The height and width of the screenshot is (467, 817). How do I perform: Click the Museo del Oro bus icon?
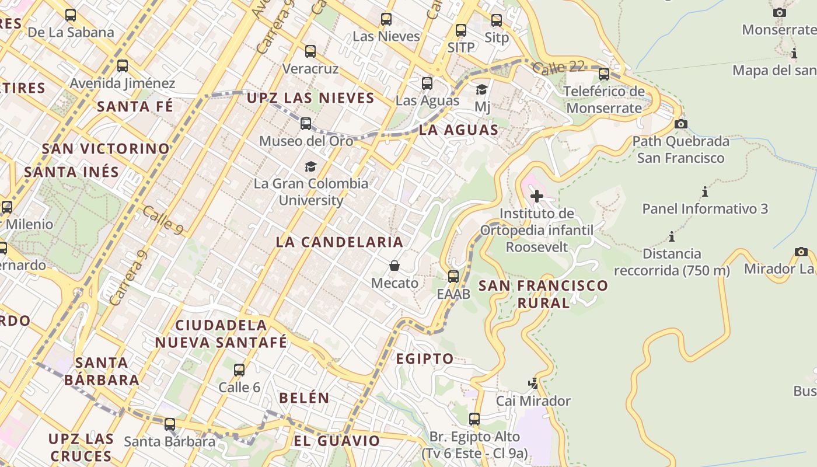pyautogui.click(x=306, y=124)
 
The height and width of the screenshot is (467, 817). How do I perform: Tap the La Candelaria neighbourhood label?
pyautogui.click(x=339, y=242)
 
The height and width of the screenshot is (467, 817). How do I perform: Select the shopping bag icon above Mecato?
pyautogui.click(x=394, y=266)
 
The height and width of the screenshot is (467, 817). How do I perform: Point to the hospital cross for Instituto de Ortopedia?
pyautogui.click(x=536, y=196)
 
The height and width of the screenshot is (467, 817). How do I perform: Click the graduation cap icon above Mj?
pyautogui.click(x=481, y=89)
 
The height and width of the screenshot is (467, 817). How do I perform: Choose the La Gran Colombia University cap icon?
pyautogui.click(x=310, y=167)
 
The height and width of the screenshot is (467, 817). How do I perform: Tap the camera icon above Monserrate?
pyautogui.click(x=779, y=12)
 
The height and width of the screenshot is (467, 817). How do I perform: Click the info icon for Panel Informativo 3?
pyautogui.click(x=705, y=191)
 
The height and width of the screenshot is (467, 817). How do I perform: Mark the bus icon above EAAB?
pyautogui.click(x=453, y=277)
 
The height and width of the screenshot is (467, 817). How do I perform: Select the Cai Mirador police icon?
pyautogui.click(x=533, y=384)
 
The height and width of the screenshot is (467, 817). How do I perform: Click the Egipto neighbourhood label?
pyautogui.click(x=425, y=358)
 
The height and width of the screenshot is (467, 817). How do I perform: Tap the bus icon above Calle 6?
pyautogui.click(x=239, y=370)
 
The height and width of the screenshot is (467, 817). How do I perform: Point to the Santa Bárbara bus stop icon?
pyautogui.click(x=170, y=424)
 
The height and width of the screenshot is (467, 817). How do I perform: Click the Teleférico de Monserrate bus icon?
pyautogui.click(x=604, y=74)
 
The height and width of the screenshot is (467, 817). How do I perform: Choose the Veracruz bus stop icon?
pyautogui.click(x=310, y=51)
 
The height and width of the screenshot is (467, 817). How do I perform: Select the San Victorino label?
pyautogui.click(x=106, y=148)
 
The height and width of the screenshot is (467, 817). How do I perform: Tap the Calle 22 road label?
pyautogui.click(x=558, y=67)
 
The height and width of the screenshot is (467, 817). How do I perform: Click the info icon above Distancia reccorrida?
pyautogui.click(x=672, y=237)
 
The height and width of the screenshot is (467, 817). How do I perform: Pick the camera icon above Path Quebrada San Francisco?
pyautogui.click(x=680, y=124)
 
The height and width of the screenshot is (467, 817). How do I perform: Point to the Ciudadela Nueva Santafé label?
pyautogui.click(x=221, y=333)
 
